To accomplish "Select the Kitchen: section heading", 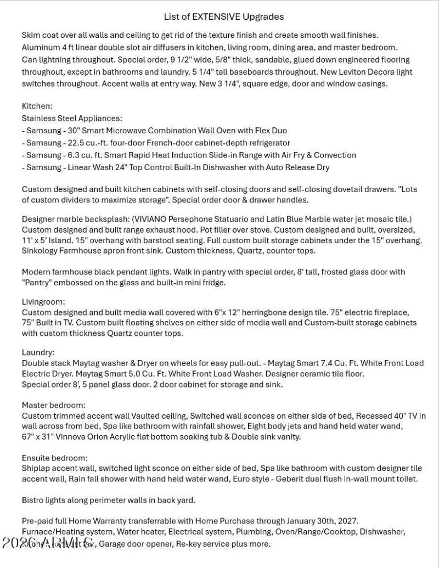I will (x=37, y=106).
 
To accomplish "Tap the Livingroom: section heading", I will (x=43, y=301).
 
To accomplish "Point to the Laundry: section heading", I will (x=38, y=352).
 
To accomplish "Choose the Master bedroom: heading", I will (x=54, y=405).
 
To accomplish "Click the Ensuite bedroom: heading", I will (x=55, y=458).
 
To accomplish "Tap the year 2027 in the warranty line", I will (x=348, y=520).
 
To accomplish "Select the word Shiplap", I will (x=37, y=468).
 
